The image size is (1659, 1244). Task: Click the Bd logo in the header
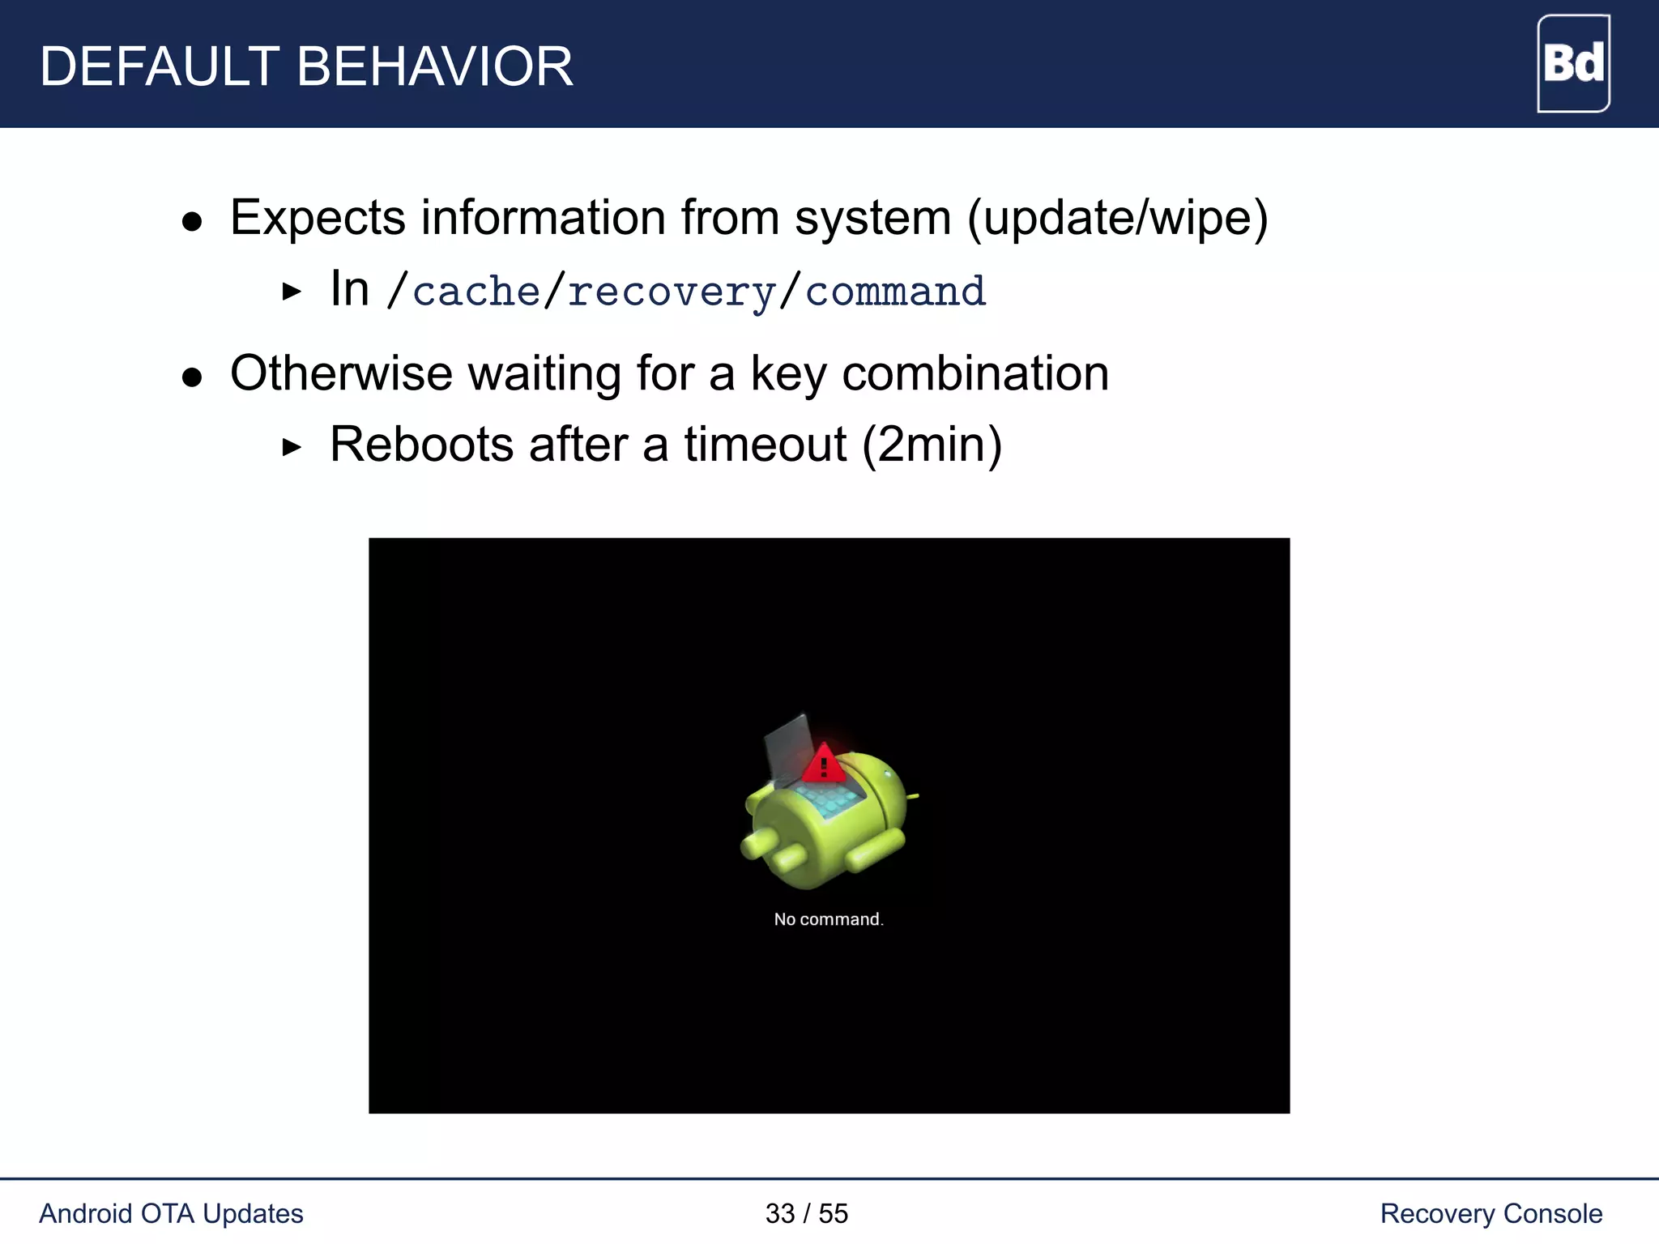[1573, 63]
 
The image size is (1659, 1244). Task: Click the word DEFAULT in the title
[159, 66]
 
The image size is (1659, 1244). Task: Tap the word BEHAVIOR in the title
[435, 66]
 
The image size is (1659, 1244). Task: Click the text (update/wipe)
[1118, 218]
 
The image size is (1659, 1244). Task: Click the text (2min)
[932, 445]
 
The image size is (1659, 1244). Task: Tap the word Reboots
[421, 445]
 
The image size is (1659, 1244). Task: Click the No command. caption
[828, 919]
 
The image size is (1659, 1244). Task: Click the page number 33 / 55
[806, 1213]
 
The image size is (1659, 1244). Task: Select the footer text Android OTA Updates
[171, 1213]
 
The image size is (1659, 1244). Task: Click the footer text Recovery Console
[1491, 1213]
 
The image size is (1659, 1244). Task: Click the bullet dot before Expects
[192, 222]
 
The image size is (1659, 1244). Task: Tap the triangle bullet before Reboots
[292, 447]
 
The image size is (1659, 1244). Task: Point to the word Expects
[318, 218]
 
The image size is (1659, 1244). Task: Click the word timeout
[765, 445]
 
